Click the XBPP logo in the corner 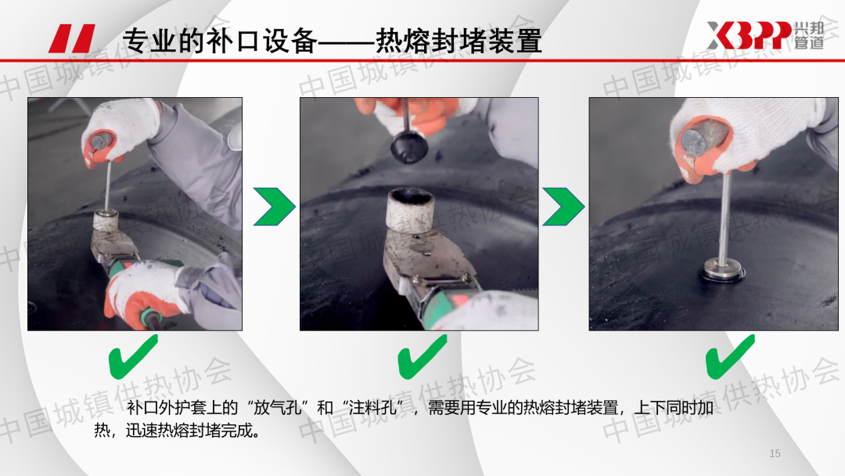coord(765,35)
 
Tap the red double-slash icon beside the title coord(72,38)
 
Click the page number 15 coord(775,453)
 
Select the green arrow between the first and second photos coord(275,207)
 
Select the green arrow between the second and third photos coord(563,207)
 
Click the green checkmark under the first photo coord(133,356)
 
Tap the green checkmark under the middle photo coord(422,356)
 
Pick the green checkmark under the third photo coord(730,356)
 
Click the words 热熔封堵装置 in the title coord(458,41)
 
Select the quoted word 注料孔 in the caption coord(372,408)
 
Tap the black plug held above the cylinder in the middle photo coord(409,146)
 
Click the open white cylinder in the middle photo coord(412,211)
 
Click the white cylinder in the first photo coord(106,221)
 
